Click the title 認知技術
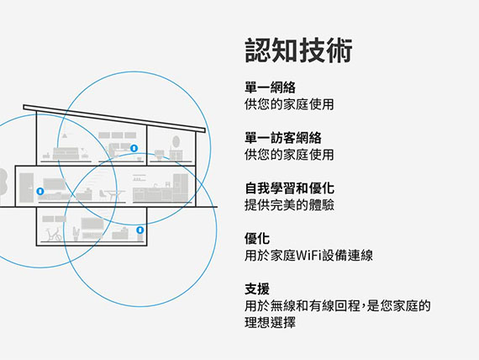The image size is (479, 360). click(298, 50)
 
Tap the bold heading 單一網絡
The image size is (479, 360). click(270, 87)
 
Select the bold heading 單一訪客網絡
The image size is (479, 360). click(283, 138)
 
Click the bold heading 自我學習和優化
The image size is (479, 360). click(289, 188)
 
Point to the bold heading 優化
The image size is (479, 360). click(257, 239)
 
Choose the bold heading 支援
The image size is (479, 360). click(257, 289)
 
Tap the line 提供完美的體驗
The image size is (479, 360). click(289, 205)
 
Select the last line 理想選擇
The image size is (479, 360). click(270, 322)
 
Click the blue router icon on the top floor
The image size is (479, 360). click(134, 148)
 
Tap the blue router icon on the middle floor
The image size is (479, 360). click(40, 191)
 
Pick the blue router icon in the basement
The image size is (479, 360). click(139, 230)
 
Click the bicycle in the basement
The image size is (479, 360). click(53, 235)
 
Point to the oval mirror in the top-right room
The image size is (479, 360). click(176, 141)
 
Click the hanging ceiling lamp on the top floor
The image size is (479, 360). click(65, 135)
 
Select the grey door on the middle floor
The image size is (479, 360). click(26, 188)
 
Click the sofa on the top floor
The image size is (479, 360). click(66, 154)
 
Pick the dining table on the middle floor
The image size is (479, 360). click(115, 195)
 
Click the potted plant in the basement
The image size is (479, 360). click(76, 234)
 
